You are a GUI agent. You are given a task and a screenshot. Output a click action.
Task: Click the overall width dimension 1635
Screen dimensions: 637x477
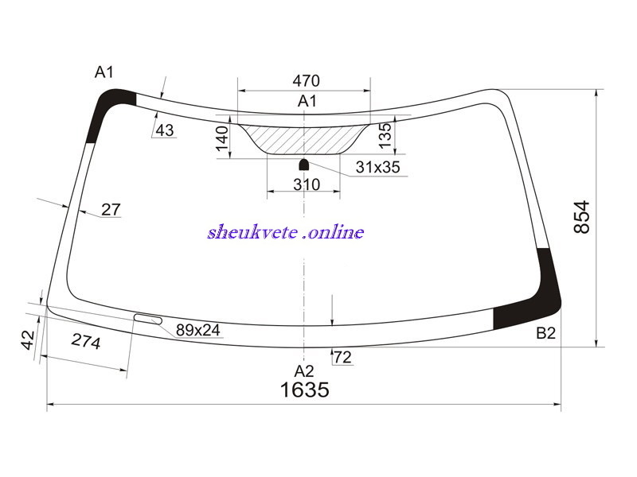point(305,390)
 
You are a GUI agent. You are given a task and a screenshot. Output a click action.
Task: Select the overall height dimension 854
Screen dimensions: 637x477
point(581,216)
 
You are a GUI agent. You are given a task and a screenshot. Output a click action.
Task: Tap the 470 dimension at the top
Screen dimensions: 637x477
point(307,81)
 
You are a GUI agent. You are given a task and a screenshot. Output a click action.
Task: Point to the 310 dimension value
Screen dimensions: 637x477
point(307,184)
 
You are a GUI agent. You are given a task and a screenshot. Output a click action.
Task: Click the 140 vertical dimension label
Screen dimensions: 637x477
point(222,138)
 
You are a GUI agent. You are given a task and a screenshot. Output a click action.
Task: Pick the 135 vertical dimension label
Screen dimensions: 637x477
point(385,134)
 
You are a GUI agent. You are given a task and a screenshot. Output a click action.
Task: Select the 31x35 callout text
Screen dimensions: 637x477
point(377,167)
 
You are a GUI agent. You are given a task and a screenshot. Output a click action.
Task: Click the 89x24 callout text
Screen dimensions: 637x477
point(197,330)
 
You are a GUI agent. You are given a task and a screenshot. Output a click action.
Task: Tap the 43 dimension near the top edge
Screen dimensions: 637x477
point(165,130)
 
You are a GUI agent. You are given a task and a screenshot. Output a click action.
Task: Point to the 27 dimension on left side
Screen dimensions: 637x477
point(111,210)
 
